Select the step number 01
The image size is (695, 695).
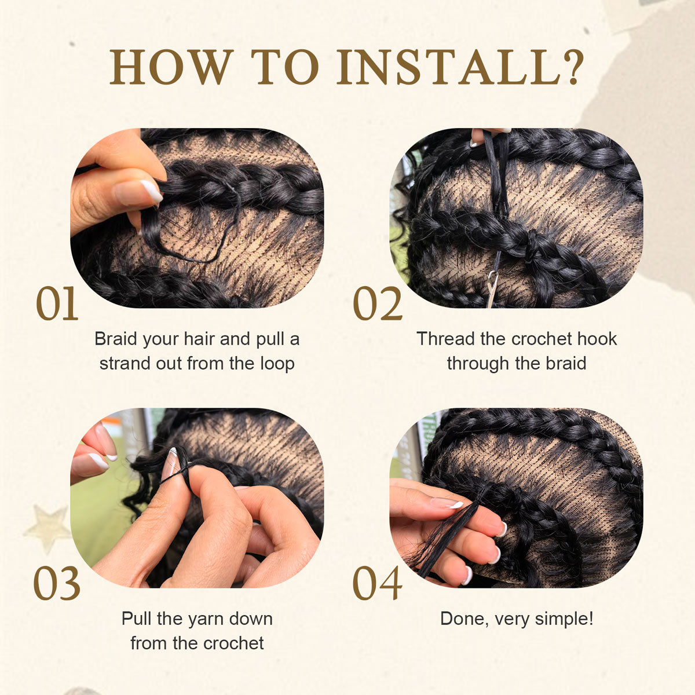(x=57, y=304)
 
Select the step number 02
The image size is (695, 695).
(x=378, y=304)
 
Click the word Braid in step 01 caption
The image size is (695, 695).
(x=117, y=339)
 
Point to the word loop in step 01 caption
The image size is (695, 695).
(x=276, y=364)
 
